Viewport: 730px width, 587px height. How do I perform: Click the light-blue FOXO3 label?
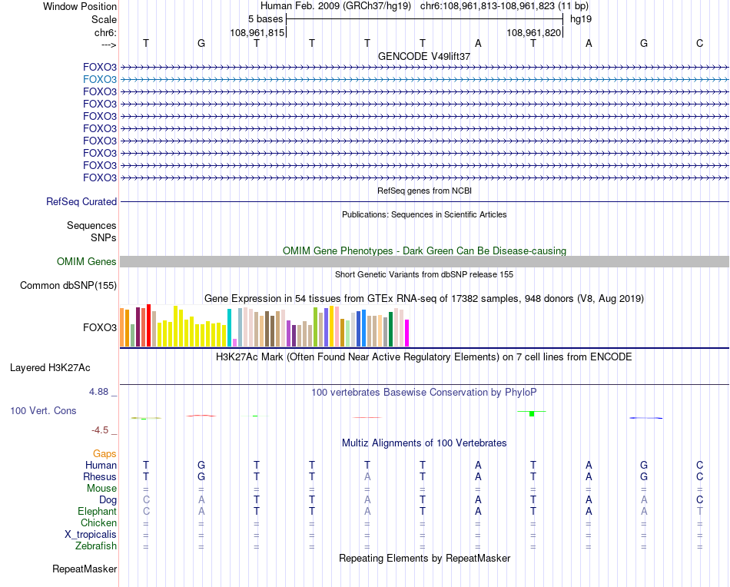click(x=99, y=79)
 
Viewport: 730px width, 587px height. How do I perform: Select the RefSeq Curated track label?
click(x=81, y=201)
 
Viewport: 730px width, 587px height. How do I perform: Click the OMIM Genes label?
click(x=87, y=262)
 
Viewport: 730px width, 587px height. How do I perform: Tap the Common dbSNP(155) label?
click(x=68, y=286)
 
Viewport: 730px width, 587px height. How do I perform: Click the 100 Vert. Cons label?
click(x=43, y=411)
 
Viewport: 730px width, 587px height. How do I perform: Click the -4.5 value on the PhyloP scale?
click(x=100, y=430)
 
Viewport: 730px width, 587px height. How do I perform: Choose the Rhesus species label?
click(x=100, y=477)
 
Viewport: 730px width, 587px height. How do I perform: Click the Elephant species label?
click(x=97, y=512)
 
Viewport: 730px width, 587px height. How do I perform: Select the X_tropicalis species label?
click(x=91, y=535)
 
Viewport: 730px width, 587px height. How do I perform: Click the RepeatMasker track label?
click(x=85, y=569)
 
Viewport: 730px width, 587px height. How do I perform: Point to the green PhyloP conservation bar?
click(x=532, y=414)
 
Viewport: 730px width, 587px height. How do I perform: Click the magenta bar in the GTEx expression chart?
click(x=406, y=333)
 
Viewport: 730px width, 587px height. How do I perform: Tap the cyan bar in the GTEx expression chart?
click(x=230, y=328)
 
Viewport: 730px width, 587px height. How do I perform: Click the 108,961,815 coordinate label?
click(x=257, y=33)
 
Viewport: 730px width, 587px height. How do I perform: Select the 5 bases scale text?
click(x=265, y=18)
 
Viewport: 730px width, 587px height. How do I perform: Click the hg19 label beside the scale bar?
click(x=580, y=18)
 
